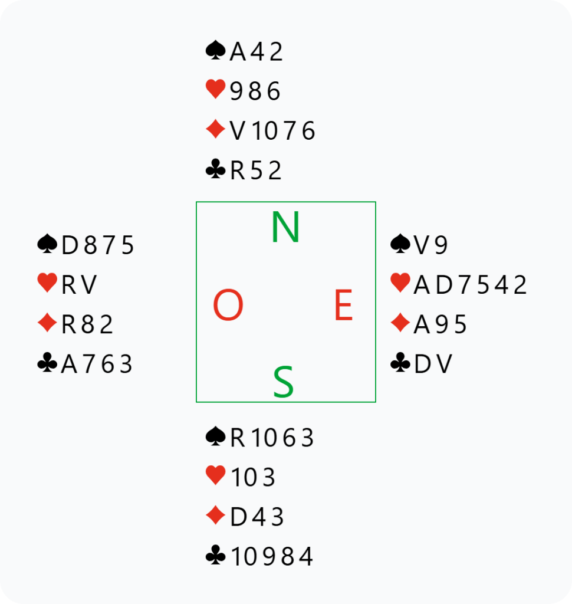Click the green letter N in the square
[x=286, y=228]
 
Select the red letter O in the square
[x=228, y=306]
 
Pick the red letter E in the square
[x=343, y=306]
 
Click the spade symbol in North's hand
[x=215, y=51]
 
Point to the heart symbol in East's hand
[x=400, y=284]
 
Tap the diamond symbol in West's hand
[x=47, y=324]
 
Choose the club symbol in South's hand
[x=215, y=556]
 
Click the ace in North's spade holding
[x=237, y=52]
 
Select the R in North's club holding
[x=237, y=171]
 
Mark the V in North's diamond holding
[x=237, y=131]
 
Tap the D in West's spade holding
[x=70, y=245]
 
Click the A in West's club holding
[x=69, y=365]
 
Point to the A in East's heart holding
[x=422, y=285]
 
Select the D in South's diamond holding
[x=238, y=517]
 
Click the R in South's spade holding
[x=237, y=438]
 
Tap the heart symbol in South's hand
[x=215, y=476]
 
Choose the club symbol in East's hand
[x=400, y=363]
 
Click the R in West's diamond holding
[x=68, y=325]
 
